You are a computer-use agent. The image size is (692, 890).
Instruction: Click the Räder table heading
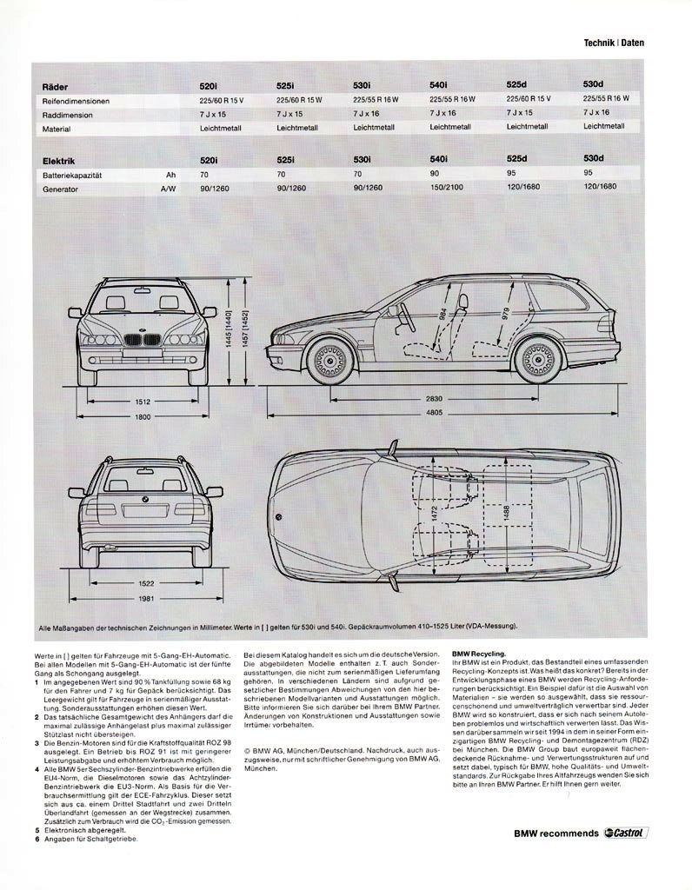click(x=57, y=87)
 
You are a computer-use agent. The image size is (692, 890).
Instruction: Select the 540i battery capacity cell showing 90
click(x=434, y=174)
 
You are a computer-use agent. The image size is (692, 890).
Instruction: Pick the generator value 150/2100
click(x=446, y=187)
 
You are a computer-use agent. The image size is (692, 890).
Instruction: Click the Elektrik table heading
click(x=59, y=161)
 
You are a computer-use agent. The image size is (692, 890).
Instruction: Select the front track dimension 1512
click(x=143, y=402)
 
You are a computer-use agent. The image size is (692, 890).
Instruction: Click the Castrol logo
click(x=627, y=834)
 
